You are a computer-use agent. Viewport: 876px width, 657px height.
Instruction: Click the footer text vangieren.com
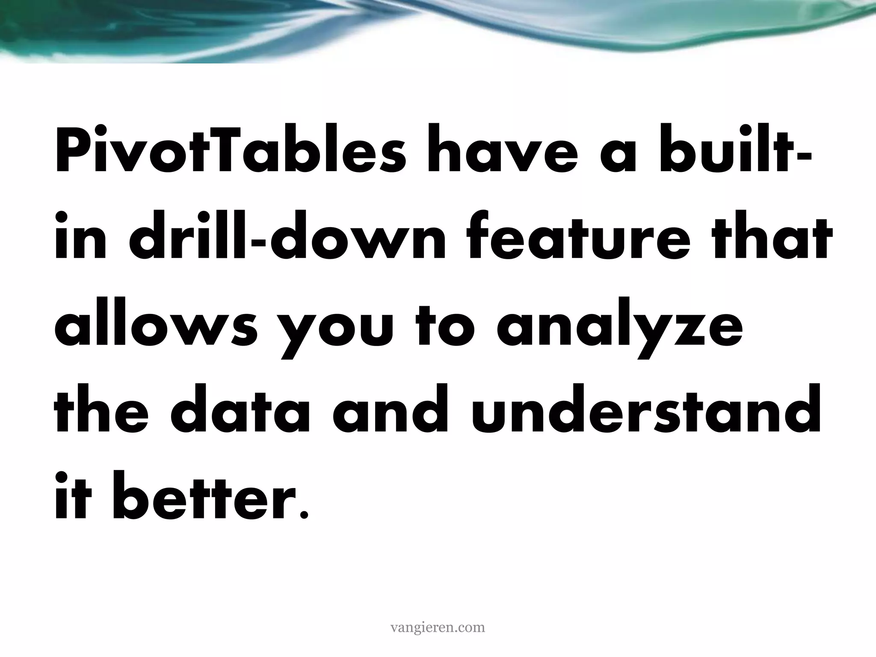(x=438, y=627)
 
